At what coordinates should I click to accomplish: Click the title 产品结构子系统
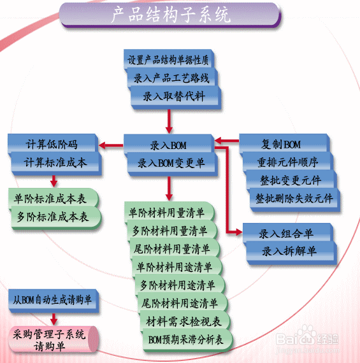[x=170, y=15]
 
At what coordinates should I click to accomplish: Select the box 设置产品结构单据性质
[x=168, y=59]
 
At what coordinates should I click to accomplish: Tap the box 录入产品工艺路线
[x=171, y=77]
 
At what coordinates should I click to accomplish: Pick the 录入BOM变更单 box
[x=171, y=164]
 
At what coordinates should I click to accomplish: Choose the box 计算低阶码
[x=52, y=144]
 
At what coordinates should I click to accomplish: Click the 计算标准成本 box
[x=55, y=162]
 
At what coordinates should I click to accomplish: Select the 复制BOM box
[x=284, y=144]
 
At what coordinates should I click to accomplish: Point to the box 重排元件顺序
[x=287, y=162]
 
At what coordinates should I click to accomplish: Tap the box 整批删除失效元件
[x=294, y=199]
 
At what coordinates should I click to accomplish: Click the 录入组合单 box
[x=287, y=233]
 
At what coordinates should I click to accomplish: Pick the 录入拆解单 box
[x=291, y=252]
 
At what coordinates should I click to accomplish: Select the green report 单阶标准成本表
[x=54, y=199]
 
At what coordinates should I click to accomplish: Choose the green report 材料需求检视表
[x=184, y=322]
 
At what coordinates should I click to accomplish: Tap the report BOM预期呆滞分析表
[x=187, y=340]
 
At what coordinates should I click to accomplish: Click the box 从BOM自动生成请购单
[x=54, y=301]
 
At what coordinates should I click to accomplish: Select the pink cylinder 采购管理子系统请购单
[x=53, y=339]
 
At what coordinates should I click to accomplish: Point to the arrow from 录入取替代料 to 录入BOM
[x=169, y=121]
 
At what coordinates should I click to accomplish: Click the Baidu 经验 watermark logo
[x=307, y=338]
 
